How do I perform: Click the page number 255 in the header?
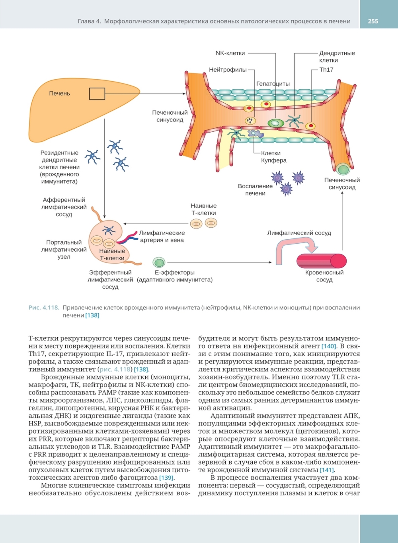coord(373,21)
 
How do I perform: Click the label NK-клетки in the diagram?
coord(230,53)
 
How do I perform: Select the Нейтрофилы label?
coord(228,70)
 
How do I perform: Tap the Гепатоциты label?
coord(273,84)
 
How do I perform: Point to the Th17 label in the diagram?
coord(326,70)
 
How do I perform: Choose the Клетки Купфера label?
coord(273,157)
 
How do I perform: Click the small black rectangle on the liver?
coord(97,94)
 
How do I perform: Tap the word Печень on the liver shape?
coord(59,93)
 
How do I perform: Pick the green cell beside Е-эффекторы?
coord(159,262)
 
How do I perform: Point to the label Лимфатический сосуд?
coord(299,233)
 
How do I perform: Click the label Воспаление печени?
coord(255,189)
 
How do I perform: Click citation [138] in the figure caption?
coord(92,315)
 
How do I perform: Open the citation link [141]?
coord(327,470)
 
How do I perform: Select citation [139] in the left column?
coord(166,478)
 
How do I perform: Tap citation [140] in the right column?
coord(329,346)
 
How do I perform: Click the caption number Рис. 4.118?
coord(44,308)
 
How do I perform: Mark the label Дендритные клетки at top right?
coord(336,57)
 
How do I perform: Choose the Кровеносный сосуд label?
coord(324,276)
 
